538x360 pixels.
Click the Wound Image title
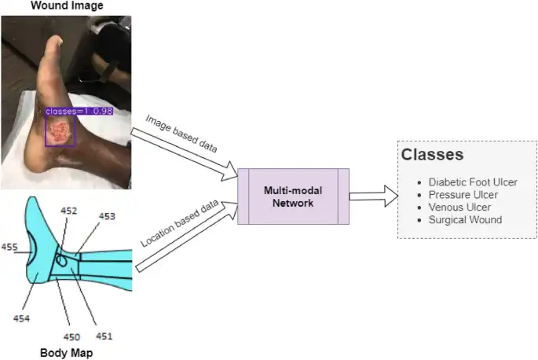66,6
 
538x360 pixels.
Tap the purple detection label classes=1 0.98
79,112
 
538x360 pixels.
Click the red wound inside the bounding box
60,130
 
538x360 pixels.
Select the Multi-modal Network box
293,197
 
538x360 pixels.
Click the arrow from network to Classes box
374,196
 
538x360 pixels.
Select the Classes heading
432,155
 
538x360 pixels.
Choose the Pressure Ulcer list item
463,194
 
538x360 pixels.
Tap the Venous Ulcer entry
459,207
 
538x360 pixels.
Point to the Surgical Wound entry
465,219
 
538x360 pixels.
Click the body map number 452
69,211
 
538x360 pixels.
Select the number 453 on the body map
106,216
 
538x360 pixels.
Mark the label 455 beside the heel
9,247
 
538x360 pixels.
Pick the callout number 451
104,336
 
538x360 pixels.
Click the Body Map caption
66,353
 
